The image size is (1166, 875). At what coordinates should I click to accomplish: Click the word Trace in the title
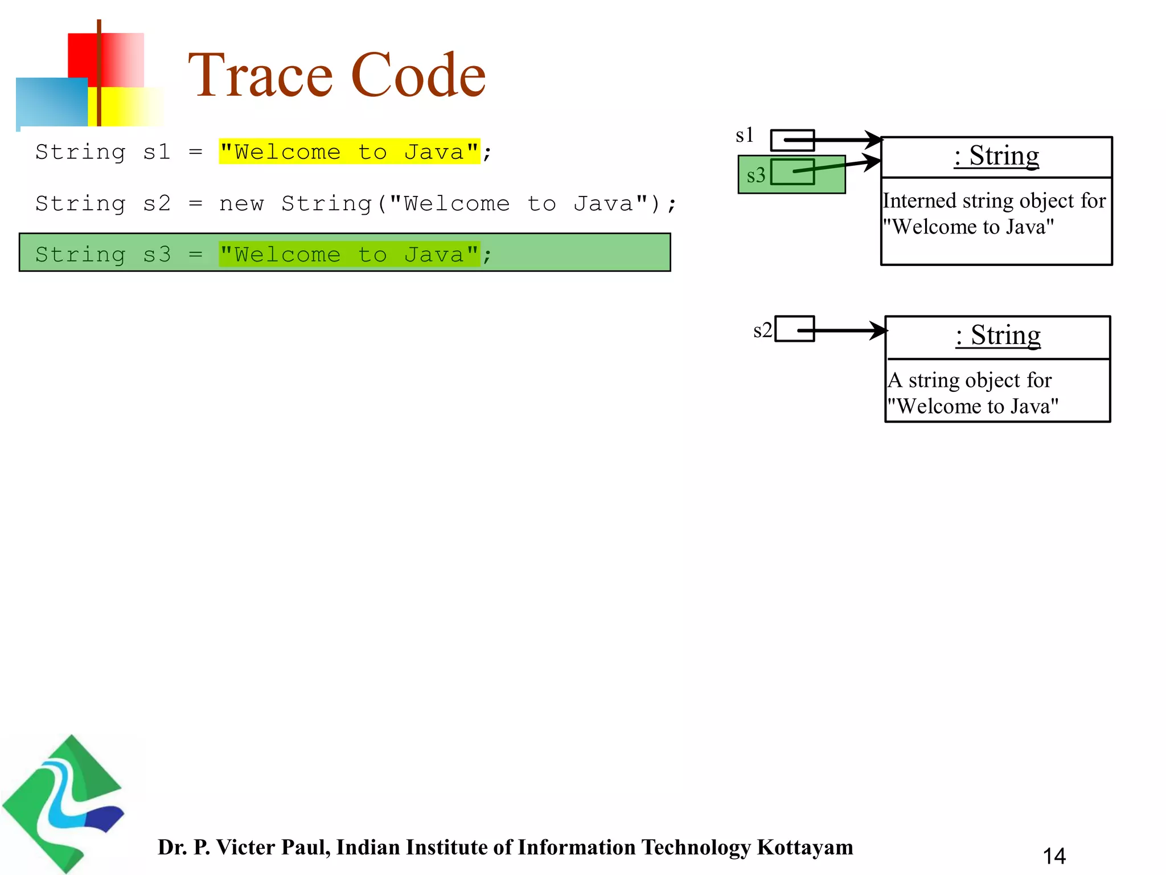point(260,75)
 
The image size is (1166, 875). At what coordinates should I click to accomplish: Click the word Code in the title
point(418,75)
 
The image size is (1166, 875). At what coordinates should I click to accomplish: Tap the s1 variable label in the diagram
point(744,136)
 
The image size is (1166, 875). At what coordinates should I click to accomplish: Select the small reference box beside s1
point(792,140)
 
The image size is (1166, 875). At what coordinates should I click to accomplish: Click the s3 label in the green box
point(756,175)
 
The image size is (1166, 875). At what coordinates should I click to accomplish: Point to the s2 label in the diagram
point(762,330)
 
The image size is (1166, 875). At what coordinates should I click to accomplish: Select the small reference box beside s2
point(794,329)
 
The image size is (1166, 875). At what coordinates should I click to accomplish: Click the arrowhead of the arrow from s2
point(878,330)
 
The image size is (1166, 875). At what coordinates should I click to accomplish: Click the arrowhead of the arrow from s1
point(874,140)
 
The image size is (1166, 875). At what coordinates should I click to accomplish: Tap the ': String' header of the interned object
point(996,156)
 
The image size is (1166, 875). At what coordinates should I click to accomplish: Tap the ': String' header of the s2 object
point(998,336)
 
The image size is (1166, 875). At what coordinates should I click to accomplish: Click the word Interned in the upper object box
point(919,201)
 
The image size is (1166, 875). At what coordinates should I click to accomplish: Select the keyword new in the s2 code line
point(241,203)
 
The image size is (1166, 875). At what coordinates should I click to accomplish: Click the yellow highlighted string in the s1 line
point(349,152)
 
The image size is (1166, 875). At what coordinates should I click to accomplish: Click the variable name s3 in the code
point(157,255)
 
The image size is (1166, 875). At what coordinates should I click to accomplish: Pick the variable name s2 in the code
point(157,203)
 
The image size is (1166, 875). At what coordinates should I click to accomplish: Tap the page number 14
point(1054,856)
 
